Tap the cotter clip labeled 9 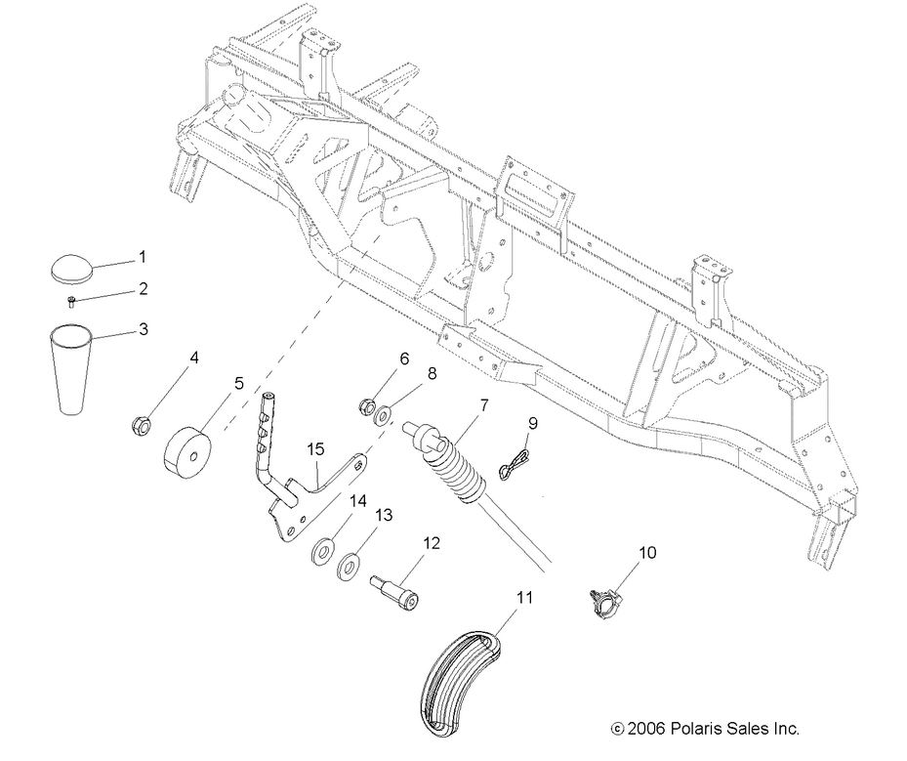coord(515,465)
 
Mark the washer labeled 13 coord(349,566)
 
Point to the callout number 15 coord(314,448)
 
